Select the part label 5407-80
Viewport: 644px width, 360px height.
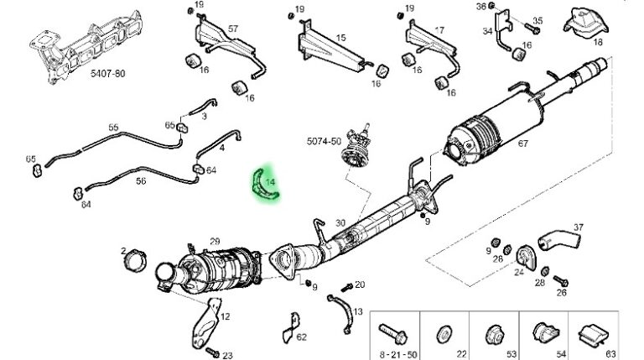click(108, 74)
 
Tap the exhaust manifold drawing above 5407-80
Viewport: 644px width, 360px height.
click(86, 46)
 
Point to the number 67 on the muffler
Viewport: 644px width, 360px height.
click(523, 143)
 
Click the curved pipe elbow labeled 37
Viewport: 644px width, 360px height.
click(559, 240)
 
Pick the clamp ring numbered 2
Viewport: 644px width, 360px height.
click(135, 260)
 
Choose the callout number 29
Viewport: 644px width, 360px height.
click(215, 242)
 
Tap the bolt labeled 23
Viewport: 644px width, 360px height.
click(212, 352)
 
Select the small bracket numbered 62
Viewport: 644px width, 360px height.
click(291, 327)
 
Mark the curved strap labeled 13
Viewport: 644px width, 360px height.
click(345, 312)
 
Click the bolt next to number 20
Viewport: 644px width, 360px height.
click(346, 287)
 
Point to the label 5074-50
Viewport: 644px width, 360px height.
click(324, 141)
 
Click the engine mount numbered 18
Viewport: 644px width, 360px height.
click(585, 23)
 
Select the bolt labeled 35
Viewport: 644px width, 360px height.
click(532, 29)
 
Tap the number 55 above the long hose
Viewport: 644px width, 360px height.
click(113, 128)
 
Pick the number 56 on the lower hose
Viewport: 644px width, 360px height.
click(141, 180)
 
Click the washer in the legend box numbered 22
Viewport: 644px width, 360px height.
click(444, 335)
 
